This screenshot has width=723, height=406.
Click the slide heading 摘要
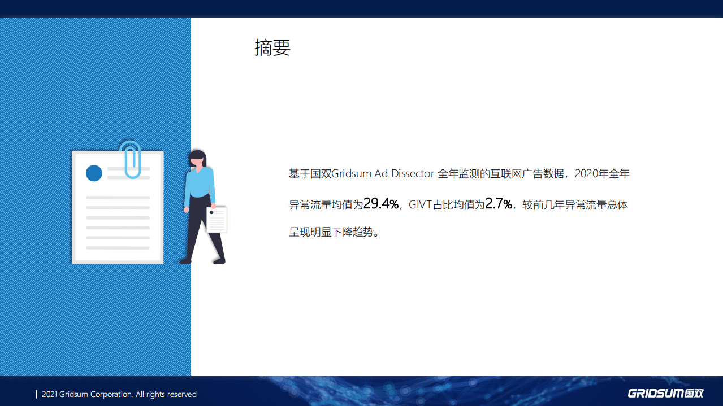tap(272, 48)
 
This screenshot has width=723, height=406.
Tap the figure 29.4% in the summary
tap(381, 204)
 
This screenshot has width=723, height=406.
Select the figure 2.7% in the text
tap(499, 204)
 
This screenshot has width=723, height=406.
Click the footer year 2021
tap(50, 394)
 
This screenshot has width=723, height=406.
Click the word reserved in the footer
tap(181, 394)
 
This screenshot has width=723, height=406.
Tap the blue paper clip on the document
tap(131, 159)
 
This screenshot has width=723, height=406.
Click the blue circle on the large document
tap(94, 173)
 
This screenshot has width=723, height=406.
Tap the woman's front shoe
tap(219, 261)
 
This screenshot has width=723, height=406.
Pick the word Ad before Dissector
tap(382, 174)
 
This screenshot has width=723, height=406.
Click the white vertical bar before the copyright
tap(36, 394)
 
